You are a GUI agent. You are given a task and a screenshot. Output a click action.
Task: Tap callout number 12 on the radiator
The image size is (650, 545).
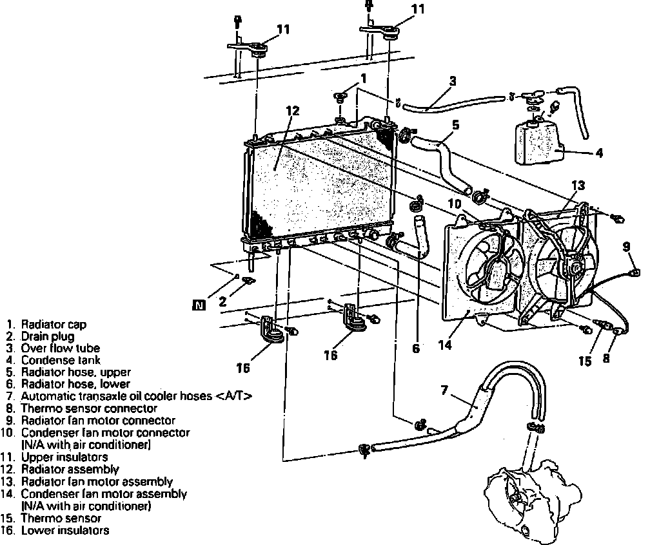pos(292,111)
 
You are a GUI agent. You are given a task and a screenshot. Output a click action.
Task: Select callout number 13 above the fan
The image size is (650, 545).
pos(577,186)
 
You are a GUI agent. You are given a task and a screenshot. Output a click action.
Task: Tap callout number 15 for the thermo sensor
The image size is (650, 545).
pos(584,361)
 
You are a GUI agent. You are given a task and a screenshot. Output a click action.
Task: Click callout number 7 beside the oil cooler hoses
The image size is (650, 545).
pos(444,390)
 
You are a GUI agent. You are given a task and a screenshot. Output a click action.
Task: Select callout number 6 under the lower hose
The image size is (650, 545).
pos(416,349)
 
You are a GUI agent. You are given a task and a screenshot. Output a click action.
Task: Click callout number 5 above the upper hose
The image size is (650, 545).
pos(455,126)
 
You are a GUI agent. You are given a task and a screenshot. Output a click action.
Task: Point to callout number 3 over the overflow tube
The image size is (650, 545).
pos(453,81)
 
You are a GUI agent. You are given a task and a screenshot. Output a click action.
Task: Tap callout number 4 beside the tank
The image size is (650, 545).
pos(599,153)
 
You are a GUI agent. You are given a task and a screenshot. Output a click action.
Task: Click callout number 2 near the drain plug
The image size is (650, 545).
pos(223,300)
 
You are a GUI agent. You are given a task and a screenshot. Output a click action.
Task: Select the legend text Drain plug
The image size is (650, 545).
pos(48,336)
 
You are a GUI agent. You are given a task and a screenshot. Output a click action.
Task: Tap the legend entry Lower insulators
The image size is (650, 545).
pos(64,531)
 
